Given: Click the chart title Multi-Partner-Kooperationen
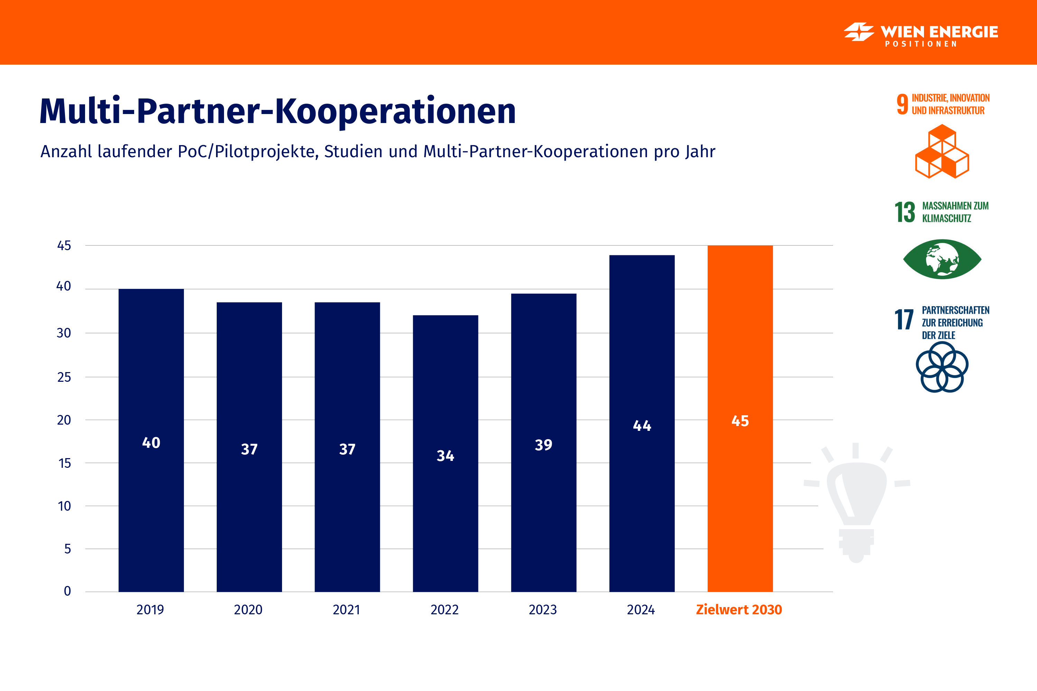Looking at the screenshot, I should (x=278, y=111).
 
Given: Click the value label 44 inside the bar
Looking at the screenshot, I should (x=642, y=426).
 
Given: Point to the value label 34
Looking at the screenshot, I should (x=445, y=456).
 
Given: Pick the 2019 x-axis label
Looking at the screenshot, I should (x=150, y=610).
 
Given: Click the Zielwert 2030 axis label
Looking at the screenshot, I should (x=739, y=610).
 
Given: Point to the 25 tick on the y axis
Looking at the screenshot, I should (x=64, y=377).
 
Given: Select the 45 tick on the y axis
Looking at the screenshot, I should (x=64, y=245).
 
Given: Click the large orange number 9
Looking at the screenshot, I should (x=902, y=104).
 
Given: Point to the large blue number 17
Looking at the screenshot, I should (x=904, y=320).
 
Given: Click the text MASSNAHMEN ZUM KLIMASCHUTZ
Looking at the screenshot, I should (x=955, y=212).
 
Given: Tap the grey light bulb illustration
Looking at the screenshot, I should (x=856, y=502).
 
